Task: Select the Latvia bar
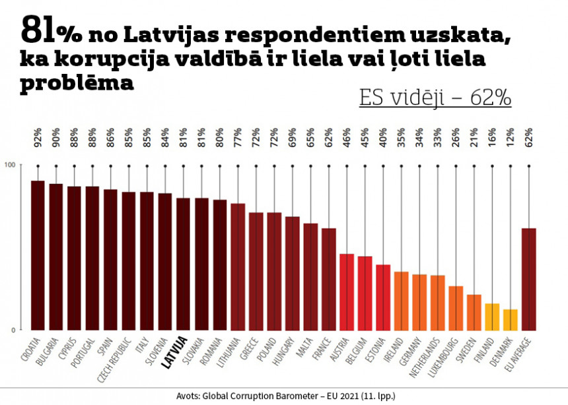(x=184, y=263)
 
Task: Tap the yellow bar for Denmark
(x=510, y=319)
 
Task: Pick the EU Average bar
(x=528, y=278)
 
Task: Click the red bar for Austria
(x=347, y=291)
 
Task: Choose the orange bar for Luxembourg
(x=456, y=307)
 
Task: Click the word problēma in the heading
(x=77, y=84)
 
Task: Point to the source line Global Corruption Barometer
(x=285, y=396)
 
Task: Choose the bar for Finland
(x=492, y=316)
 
